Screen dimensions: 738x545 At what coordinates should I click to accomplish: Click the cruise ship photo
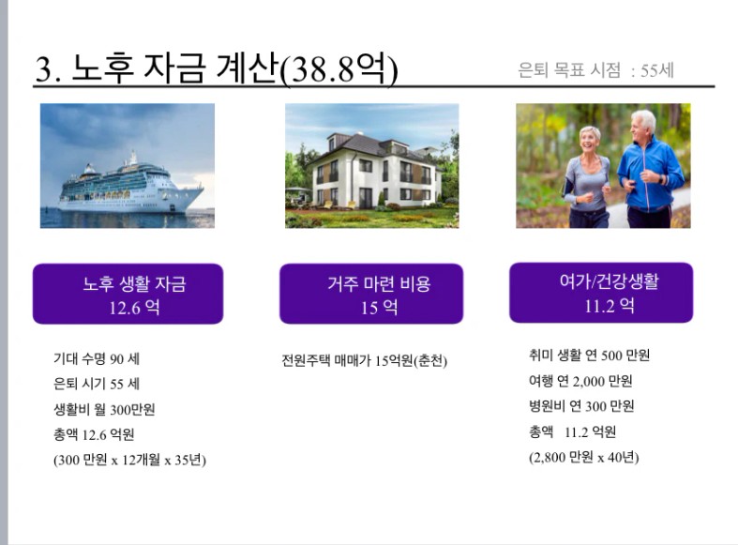[128, 166]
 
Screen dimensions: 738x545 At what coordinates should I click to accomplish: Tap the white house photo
[372, 166]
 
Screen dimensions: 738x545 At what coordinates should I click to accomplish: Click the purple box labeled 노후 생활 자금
[128, 294]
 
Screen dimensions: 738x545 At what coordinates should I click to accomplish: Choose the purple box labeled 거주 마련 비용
[371, 294]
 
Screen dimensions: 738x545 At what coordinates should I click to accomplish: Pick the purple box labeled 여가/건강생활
[601, 293]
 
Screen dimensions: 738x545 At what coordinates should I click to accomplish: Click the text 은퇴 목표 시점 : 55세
[595, 70]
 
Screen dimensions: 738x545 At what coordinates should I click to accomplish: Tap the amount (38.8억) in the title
[339, 68]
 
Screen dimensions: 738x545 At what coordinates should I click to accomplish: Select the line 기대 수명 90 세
[97, 359]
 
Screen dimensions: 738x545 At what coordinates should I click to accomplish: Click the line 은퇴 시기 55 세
[97, 384]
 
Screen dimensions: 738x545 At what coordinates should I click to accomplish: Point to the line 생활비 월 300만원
[104, 410]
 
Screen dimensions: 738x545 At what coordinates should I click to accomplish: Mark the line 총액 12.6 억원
[94, 434]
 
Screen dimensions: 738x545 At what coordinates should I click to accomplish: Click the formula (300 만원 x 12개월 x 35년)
[129, 460]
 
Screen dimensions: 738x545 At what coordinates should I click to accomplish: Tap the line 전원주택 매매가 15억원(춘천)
[364, 361]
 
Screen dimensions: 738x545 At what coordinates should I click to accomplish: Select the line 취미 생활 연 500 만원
[589, 355]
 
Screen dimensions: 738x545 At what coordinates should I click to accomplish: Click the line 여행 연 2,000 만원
[580, 380]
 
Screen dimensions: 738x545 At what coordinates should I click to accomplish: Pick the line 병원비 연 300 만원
[581, 405]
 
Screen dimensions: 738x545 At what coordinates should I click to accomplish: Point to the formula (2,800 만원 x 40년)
[583, 457]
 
